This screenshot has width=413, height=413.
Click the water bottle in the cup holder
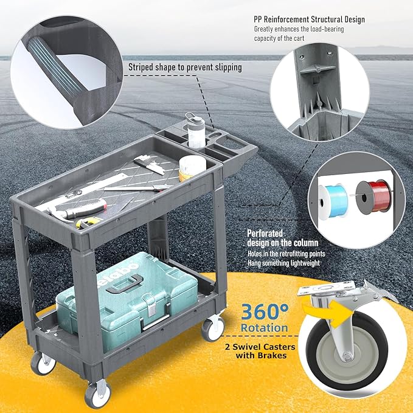[x=195, y=130]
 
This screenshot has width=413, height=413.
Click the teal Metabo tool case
[x=127, y=300]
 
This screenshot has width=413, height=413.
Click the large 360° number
[x=265, y=311]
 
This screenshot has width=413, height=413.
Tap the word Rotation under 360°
[x=264, y=328]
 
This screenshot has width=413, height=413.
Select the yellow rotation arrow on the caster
[x=330, y=313]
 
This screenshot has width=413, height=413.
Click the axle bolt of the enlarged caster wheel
[x=348, y=357]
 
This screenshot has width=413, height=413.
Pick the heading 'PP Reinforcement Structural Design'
[x=309, y=19]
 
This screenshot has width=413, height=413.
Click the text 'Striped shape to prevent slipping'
[x=185, y=68]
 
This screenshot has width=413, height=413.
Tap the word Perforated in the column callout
[x=265, y=233]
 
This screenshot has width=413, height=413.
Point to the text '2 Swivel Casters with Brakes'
[x=260, y=351]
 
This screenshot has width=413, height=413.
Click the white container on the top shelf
[x=192, y=168]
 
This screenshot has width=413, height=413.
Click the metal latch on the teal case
[x=150, y=305]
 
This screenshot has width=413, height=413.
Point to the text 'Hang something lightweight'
[x=283, y=263]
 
